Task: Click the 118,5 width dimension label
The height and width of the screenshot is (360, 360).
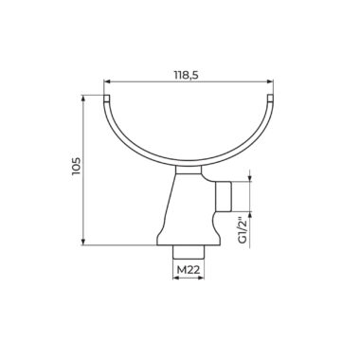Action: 189,75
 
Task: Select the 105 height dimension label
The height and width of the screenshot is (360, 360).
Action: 76,166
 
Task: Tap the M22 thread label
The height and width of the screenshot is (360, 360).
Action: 189,270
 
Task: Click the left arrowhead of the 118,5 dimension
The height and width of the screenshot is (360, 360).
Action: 107,81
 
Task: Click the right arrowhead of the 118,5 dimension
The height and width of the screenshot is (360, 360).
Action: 270,81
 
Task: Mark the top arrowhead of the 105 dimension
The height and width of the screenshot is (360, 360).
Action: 83,98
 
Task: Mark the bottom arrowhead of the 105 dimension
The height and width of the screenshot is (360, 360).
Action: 83,242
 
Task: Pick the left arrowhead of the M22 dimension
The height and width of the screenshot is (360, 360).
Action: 175,279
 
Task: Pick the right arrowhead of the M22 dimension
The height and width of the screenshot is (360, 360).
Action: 202,279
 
